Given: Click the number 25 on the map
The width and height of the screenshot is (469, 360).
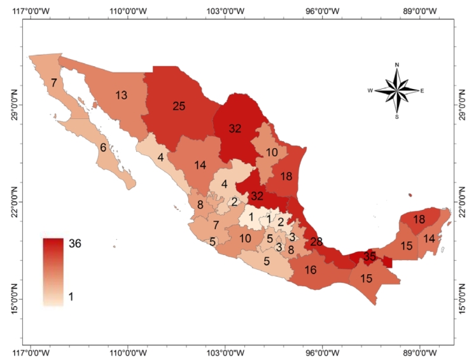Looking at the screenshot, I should click(x=179, y=106).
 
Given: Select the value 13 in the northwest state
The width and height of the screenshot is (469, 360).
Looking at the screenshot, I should click(x=122, y=95).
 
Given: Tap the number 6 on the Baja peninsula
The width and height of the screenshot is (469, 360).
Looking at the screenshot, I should click(x=103, y=148).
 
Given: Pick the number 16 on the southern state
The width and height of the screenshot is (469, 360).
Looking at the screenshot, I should click(x=311, y=270).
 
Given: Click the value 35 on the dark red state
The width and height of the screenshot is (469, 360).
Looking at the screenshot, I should click(x=370, y=257).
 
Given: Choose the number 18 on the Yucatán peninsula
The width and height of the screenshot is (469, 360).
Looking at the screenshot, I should click(x=419, y=219).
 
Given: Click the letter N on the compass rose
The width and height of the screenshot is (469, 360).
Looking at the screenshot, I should click(x=397, y=65).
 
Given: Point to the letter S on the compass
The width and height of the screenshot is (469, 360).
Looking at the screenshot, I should click(x=397, y=117).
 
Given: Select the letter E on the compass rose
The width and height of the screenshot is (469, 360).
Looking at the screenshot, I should click(x=422, y=91).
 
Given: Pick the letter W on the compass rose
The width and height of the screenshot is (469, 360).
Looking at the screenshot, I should click(x=370, y=91).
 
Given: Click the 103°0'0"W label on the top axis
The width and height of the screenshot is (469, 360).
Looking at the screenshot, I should click(x=226, y=11).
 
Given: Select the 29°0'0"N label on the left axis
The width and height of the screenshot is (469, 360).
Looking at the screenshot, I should click(x=15, y=105).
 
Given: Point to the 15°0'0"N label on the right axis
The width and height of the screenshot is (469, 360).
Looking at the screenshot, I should click(x=461, y=299).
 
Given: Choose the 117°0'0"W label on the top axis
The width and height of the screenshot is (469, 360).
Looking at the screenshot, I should click(x=31, y=11).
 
